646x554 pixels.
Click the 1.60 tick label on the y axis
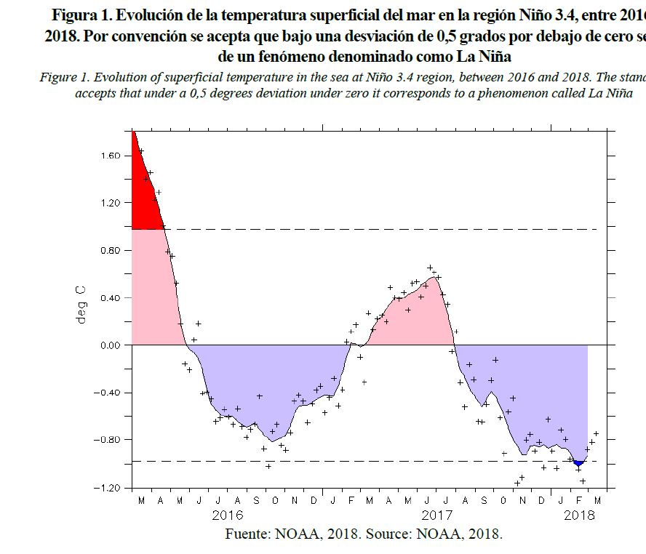coord(111,156)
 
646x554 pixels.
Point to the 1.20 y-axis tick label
coord(111,203)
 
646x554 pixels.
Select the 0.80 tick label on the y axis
coord(111,250)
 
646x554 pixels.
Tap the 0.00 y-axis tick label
coord(111,345)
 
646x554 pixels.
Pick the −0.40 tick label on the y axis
coord(108,393)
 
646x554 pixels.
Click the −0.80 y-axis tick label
coord(108,440)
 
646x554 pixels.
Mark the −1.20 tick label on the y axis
coord(108,487)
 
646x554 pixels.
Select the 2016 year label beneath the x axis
coord(227,515)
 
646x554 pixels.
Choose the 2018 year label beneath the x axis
coord(580,515)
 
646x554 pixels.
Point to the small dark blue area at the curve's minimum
coord(578,462)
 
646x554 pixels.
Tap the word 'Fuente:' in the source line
coord(250,534)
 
